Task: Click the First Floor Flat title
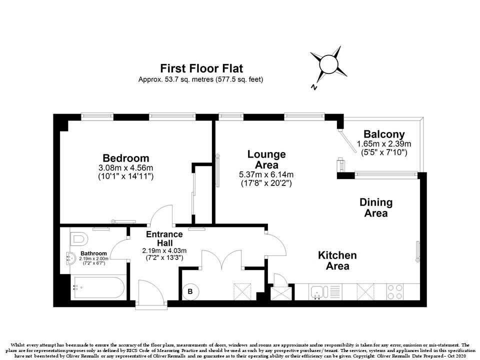tap(201, 68)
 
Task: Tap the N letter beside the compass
tap(313, 87)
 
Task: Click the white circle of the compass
tap(328, 64)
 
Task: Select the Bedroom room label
tap(126, 158)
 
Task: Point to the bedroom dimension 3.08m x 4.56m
tap(126, 168)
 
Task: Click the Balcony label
tap(384, 134)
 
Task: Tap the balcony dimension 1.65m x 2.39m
tap(384, 143)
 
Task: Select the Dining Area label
tap(376, 207)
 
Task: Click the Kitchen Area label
tap(337, 260)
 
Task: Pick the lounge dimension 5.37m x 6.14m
tap(266, 175)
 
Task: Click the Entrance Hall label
tap(164, 238)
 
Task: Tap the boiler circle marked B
tap(190, 291)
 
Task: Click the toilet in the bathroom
tap(79, 238)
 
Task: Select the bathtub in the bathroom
tap(98, 288)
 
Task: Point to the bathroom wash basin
tap(70, 258)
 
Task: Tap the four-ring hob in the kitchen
tap(395, 291)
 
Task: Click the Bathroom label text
tap(93, 253)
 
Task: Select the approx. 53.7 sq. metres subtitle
tap(200, 79)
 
